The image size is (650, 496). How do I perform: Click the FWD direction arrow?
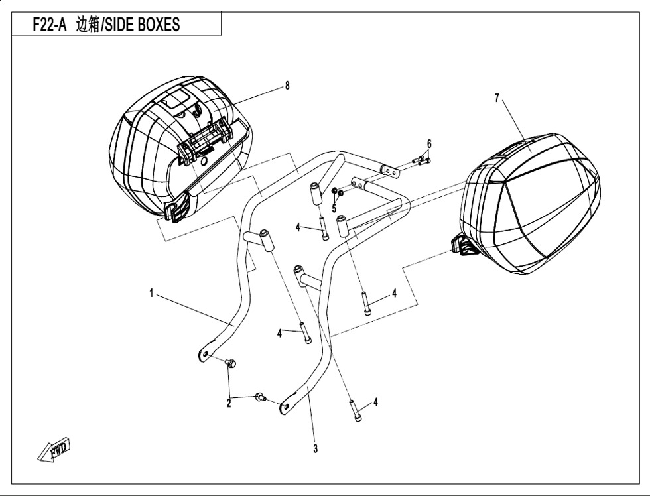click(x=54, y=449)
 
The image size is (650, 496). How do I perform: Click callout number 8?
click(x=287, y=86)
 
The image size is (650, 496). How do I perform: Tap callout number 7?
click(x=497, y=98)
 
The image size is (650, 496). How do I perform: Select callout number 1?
click(x=152, y=294)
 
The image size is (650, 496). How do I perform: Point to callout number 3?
click(x=316, y=448)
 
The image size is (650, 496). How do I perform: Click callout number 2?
click(x=229, y=403)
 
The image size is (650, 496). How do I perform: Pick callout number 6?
click(x=429, y=144)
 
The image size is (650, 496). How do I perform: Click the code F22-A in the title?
click(x=49, y=25)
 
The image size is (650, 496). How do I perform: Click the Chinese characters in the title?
click(x=88, y=25)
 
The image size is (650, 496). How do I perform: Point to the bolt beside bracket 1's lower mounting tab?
click(x=231, y=363)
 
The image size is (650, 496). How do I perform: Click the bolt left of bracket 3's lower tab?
click(x=260, y=397)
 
